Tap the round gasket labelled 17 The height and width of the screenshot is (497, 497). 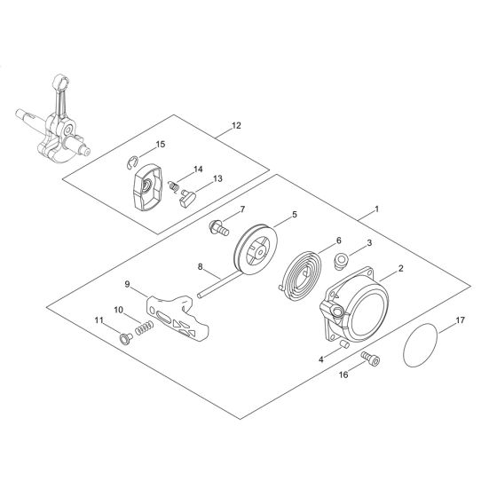coord(422,347)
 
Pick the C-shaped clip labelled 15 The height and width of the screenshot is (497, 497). coord(130,162)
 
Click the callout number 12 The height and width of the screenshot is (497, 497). coord(235,127)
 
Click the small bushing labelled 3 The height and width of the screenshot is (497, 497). coord(341,261)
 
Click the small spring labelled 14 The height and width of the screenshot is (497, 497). coord(175,187)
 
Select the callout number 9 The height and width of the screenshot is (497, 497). coord(129,284)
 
